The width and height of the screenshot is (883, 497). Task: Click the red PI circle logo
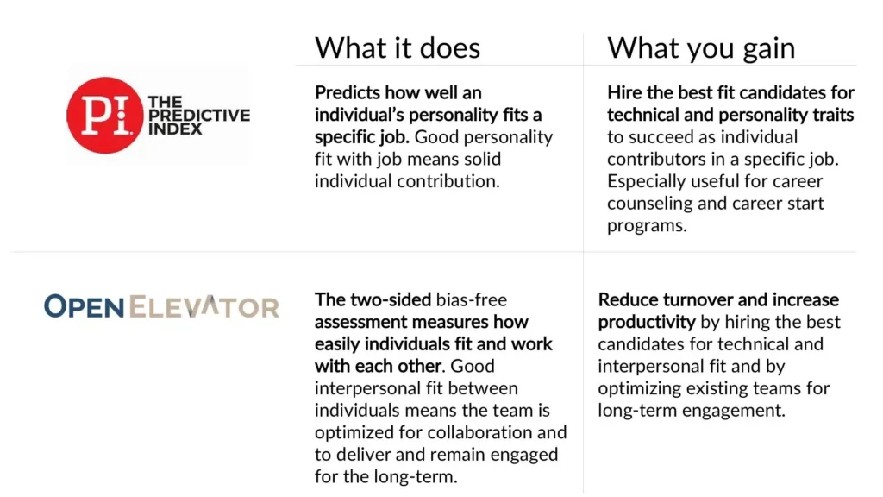click(x=104, y=115)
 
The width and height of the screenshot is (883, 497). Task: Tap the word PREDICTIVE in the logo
click(x=199, y=116)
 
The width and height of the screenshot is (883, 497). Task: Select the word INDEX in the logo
click(x=174, y=129)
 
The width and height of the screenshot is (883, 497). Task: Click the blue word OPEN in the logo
click(x=84, y=306)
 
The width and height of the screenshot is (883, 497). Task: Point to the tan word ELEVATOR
click(x=204, y=306)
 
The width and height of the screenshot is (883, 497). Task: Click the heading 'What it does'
click(x=397, y=47)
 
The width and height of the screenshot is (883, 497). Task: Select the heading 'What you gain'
click(x=701, y=48)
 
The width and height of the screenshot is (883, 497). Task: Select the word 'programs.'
click(x=647, y=226)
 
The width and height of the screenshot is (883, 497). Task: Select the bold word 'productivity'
click(x=647, y=323)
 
